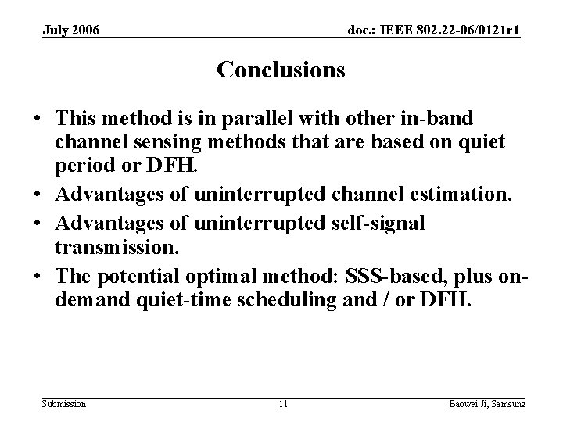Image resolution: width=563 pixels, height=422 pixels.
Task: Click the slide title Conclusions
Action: coord(281,70)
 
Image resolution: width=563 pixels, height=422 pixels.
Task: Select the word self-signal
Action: coord(373,224)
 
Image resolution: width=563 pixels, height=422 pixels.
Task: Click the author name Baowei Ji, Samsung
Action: coord(486,403)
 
